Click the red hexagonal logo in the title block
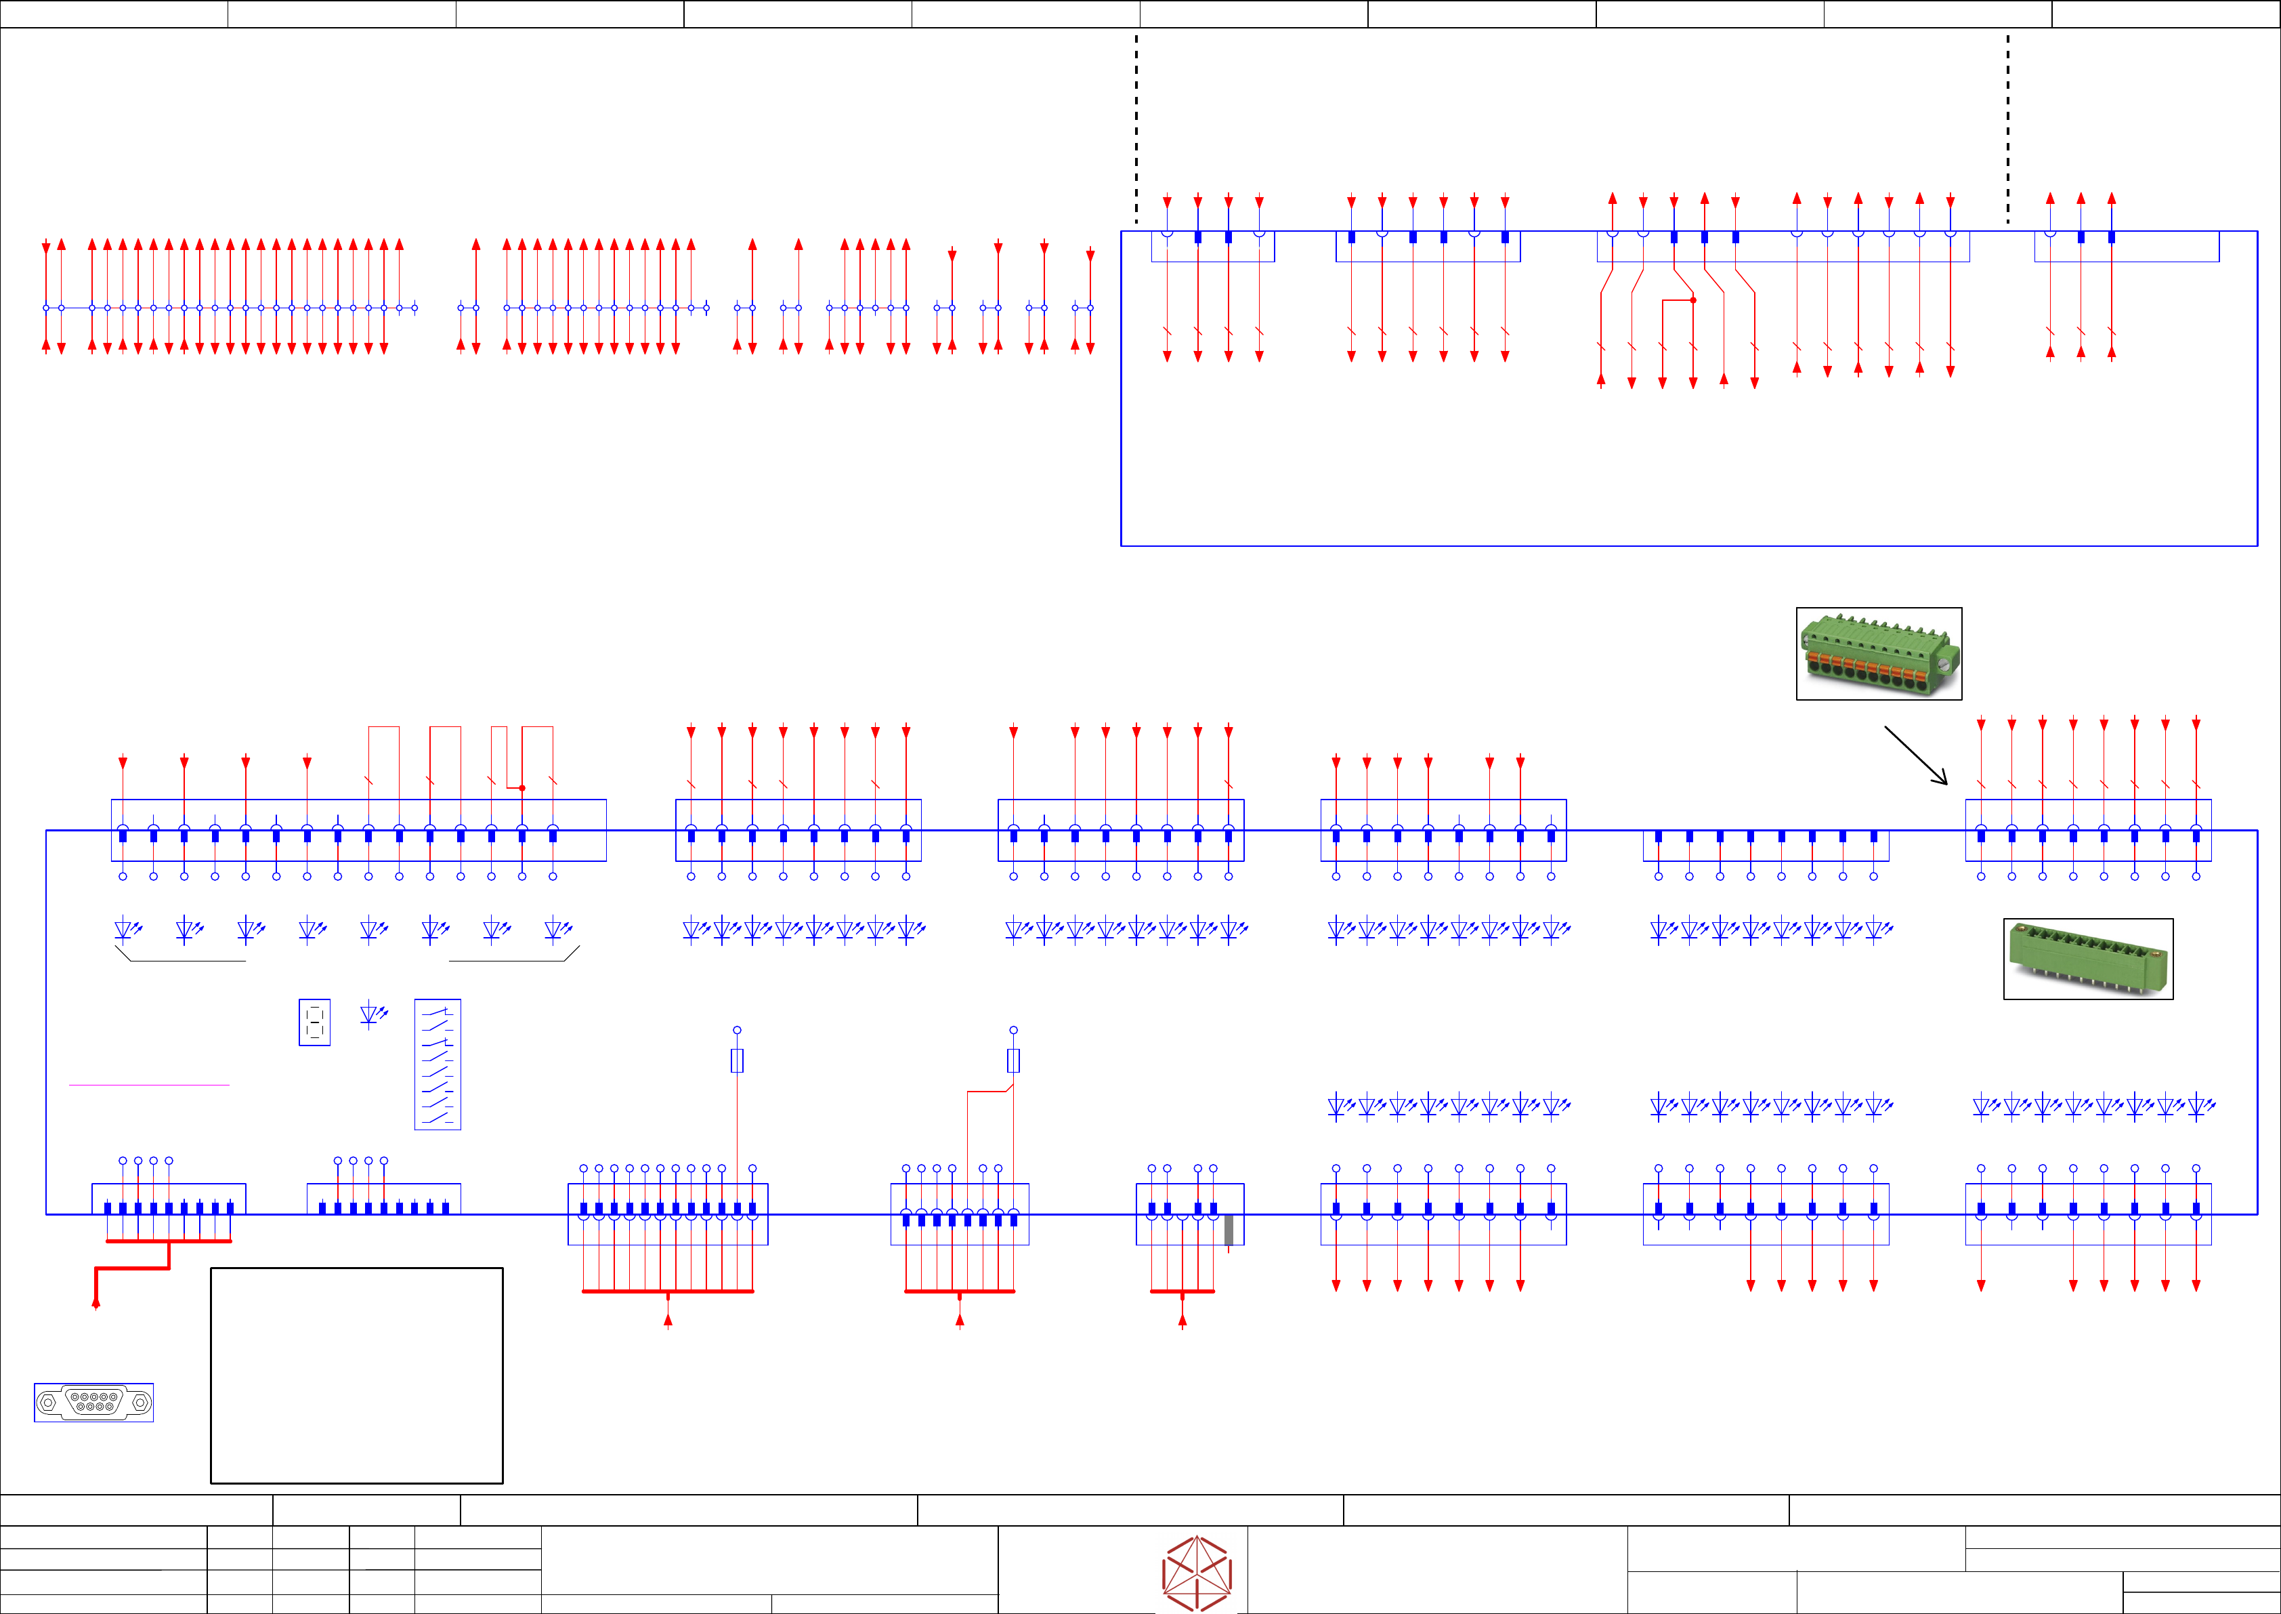1197,1572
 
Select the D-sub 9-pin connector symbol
93,1403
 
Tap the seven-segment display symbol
314,1022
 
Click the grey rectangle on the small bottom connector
1229,1229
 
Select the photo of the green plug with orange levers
1879,654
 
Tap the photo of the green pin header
2088,959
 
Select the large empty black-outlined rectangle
357,1375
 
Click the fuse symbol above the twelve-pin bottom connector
737,1060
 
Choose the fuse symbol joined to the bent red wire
1013,1060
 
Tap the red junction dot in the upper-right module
1693,299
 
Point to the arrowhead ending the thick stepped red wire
95,1303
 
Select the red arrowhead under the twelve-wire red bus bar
668,1320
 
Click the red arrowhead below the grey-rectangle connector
1182,1320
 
